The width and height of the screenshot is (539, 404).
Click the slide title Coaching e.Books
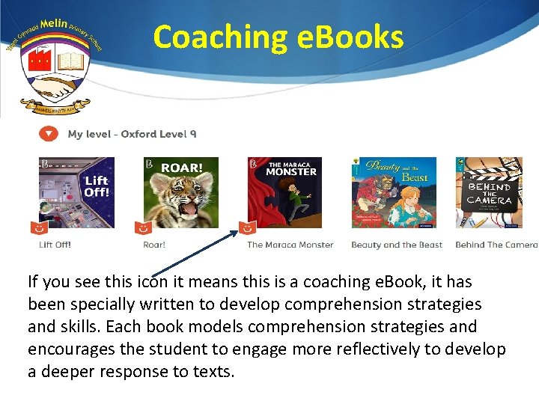278,37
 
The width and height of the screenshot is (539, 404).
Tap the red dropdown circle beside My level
48,134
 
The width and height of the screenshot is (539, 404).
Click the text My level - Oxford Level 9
132,134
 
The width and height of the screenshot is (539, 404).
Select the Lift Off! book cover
77,192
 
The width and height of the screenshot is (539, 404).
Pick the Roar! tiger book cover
180,192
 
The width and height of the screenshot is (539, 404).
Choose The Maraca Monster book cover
284,192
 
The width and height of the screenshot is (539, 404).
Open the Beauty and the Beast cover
394,192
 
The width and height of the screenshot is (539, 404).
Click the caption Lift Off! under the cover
55,245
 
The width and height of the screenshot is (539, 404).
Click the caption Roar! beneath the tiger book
154,245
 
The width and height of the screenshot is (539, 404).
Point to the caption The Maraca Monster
290,245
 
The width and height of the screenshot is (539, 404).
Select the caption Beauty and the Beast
397,245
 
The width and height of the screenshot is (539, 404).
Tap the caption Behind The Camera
496,245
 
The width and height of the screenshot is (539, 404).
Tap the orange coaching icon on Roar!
142,227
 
